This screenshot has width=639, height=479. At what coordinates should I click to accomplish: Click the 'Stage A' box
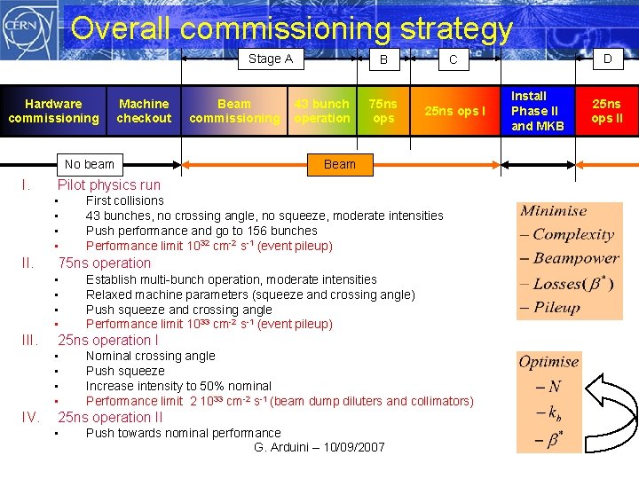pos(270,59)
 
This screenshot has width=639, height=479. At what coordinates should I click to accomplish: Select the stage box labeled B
pos(383,59)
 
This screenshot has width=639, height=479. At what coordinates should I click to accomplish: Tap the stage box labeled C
pos(453,59)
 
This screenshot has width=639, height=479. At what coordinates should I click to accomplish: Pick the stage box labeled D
pos(608,59)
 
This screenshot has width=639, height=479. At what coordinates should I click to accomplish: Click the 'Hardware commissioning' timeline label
pos(53,111)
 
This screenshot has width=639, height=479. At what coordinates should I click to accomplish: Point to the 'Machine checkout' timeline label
pos(144,111)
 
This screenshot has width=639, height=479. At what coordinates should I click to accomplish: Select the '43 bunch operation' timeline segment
pos(322,111)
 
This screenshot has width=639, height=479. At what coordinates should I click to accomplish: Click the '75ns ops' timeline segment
pos(383,111)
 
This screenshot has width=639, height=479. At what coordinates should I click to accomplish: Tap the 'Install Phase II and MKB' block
pos(537,111)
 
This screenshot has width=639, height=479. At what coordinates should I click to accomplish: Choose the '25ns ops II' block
pos(608,111)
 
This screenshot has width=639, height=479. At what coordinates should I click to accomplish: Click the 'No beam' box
pos(90,164)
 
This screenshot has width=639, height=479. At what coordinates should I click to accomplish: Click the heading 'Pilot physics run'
pos(109,185)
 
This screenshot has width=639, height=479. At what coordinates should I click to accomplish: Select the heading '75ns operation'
pos(105,263)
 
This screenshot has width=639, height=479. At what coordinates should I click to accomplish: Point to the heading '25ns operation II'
pos(110,418)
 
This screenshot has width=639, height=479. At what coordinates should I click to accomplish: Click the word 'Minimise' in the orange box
pos(553,211)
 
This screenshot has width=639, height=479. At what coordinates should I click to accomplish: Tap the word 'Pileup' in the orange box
pos(556,308)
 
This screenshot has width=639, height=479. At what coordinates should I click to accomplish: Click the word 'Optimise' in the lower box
pos(548,362)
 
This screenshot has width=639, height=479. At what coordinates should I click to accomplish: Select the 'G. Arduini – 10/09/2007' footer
pos(319,447)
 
